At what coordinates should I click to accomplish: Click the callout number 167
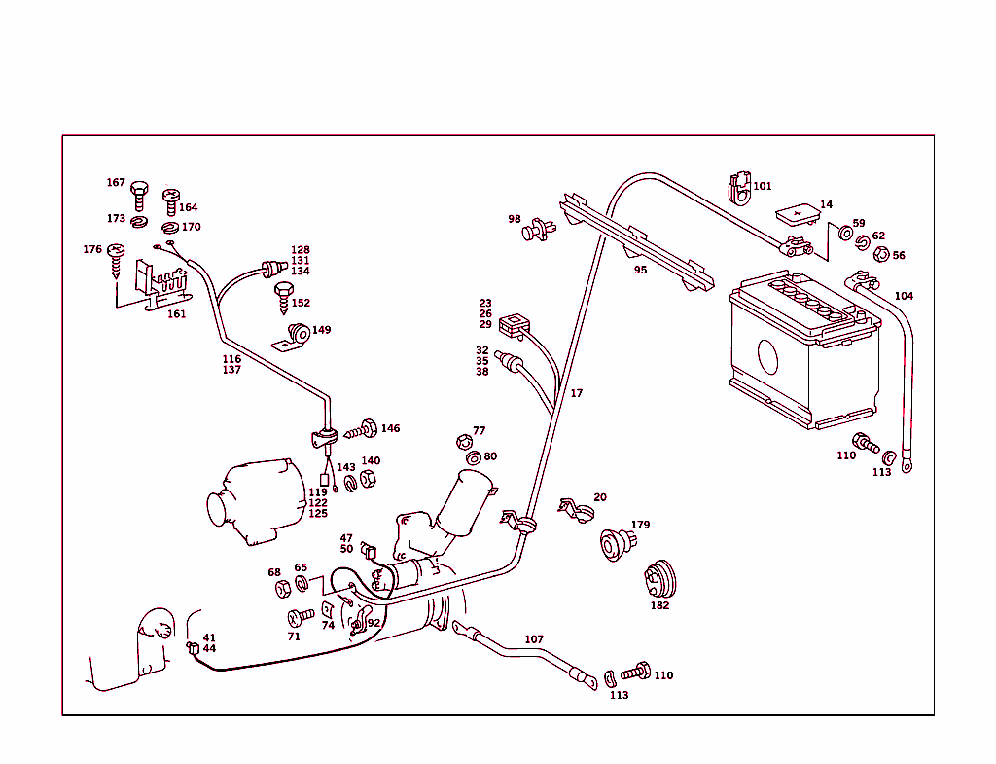pos(116,183)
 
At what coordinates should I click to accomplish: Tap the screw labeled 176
pos(118,254)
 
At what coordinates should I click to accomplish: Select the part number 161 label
pos(176,314)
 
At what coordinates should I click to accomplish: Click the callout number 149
pos(321,330)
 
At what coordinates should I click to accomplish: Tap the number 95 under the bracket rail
pos(640,270)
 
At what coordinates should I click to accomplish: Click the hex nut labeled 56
pos(879,255)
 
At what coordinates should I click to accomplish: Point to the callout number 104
pos(904,296)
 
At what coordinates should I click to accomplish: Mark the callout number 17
pos(577,394)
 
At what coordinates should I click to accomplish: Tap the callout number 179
pos(640,526)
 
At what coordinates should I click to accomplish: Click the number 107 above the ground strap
pos(534,639)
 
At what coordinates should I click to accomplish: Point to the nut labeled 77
pos(464,443)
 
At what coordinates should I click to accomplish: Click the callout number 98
pos(514,219)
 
